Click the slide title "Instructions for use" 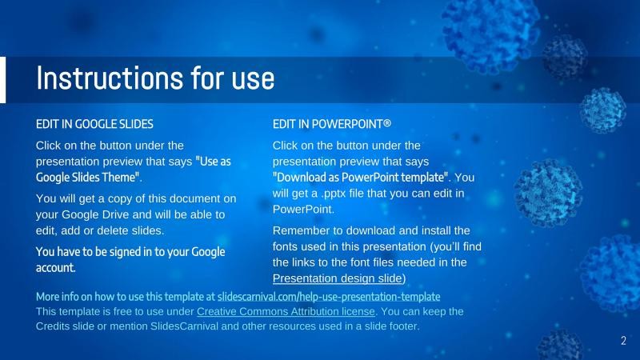coord(155,78)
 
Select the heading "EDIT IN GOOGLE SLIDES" coord(94,125)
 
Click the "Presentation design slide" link coord(338,278)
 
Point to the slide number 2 coord(623,342)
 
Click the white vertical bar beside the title coord(2,80)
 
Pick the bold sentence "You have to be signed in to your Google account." coord(130,259)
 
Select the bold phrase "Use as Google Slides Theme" coord(134,169)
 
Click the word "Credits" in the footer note coord(54,326)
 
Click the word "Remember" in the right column coord(300,231)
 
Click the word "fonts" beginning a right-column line coord(286,246)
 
